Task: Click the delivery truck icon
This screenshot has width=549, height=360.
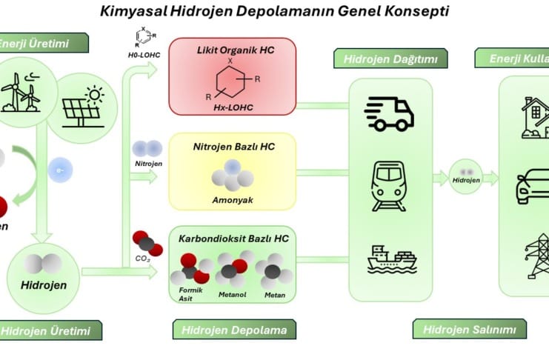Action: [x=389, y=113]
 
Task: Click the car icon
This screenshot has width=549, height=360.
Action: [x=532, y=186]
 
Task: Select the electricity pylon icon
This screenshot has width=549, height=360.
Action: [x=538, y=256]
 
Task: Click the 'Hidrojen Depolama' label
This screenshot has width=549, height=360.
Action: [x=234, y=329]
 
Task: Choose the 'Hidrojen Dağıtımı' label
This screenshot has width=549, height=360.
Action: [x=385, y=59]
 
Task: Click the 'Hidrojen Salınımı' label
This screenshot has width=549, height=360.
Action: [x=470, y=329]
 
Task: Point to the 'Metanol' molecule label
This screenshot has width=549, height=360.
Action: [x=232, y=295]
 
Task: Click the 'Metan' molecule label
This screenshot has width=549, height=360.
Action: [x=274, y=295]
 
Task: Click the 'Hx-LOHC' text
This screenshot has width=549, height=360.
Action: [x=232, y=109]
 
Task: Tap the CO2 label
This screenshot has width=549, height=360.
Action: [x=143, y=259]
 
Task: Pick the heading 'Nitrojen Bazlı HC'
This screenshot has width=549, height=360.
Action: [x=233, y=147]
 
